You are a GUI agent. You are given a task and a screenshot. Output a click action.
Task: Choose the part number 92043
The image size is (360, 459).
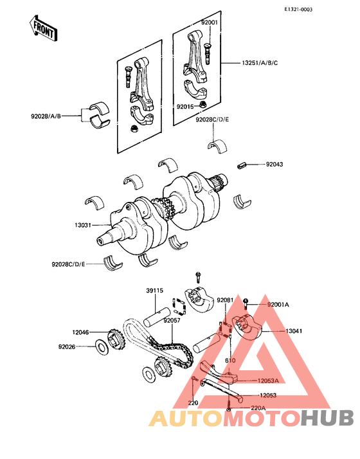274,165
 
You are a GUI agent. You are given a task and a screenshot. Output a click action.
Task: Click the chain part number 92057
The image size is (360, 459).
171,319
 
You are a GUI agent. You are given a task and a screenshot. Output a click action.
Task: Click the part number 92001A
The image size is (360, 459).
278,304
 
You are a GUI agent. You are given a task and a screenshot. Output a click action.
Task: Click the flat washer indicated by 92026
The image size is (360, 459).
102,348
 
